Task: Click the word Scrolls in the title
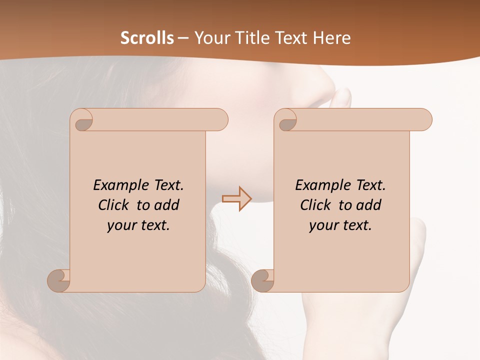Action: click(147, 37)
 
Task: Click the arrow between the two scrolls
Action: click(237, 198)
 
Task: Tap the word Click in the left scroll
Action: click(115, 205)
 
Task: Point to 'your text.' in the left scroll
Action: click(138, 225)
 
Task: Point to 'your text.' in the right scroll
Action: click(340, 225)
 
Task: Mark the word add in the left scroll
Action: click(167, 205)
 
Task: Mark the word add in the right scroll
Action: click(369, 205)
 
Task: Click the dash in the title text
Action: click(183, 38)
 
